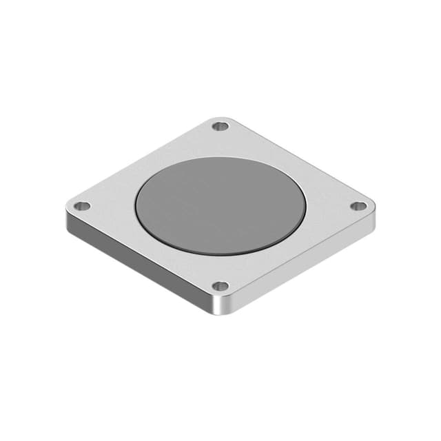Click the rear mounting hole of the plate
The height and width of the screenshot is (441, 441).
click(220, 126)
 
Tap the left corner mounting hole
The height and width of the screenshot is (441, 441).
click(82, 205)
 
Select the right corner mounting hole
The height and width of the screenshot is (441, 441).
click(358, 206)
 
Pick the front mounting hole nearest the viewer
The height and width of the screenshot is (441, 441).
click(220, 286)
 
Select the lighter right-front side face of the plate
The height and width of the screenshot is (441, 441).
click(303, 265)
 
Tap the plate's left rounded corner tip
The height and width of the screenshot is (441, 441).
click(67, 206)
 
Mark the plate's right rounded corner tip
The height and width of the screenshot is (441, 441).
click(374, 206)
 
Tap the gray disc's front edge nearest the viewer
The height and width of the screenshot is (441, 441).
click(220, 256)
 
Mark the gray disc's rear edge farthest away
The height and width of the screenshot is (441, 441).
click(220, 157)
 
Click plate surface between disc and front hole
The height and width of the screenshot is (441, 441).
click(220, 270)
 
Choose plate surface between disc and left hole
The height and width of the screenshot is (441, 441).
click(109, 206)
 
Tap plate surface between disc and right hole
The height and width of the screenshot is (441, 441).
click(332, 206)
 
